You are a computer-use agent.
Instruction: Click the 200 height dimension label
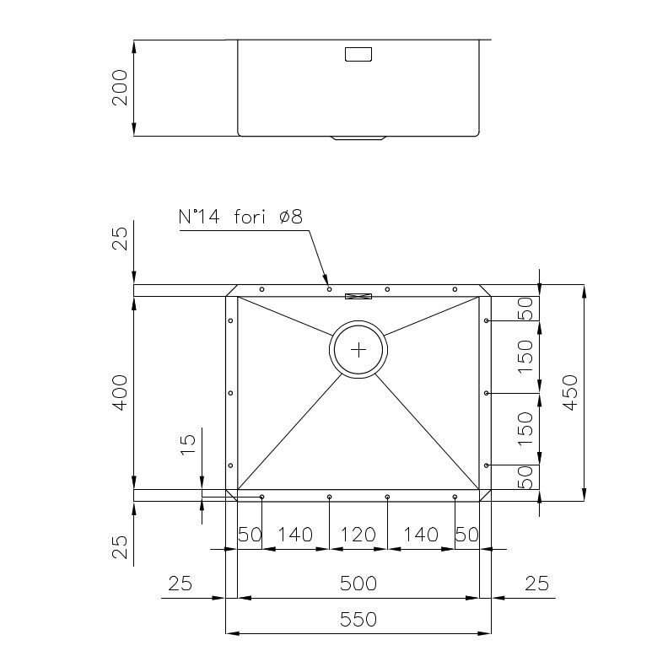tap(120, 88)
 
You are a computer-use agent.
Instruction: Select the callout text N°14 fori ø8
tap(240, 217)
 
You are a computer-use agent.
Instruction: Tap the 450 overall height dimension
tap(570, 393)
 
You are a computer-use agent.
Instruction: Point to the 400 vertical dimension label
tap(120, 393)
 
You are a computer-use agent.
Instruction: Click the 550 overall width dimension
tap(358, 620)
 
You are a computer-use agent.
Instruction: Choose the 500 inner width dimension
tap(358, 584)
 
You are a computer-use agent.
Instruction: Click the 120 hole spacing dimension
tap(358, 535)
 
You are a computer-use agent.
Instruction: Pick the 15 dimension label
tap(188, 444)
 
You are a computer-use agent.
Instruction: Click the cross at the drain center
tap(358, 350)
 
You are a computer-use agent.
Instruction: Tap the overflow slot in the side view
tap(358, 54)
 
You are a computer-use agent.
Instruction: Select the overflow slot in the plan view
tap(358, 297)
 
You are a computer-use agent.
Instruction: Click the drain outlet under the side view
tap(358, 138)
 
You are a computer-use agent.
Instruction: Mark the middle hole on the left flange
tap(230, 393)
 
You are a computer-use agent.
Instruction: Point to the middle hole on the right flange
tap(487, 393)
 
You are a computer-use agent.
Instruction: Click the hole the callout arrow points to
tap(329, 289)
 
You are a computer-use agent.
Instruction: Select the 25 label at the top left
tap(120, 239)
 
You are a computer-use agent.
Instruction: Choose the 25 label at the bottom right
tap(536, 584)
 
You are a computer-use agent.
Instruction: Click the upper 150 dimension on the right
tap(525, 357)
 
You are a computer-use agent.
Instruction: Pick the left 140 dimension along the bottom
tap(295, 535)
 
